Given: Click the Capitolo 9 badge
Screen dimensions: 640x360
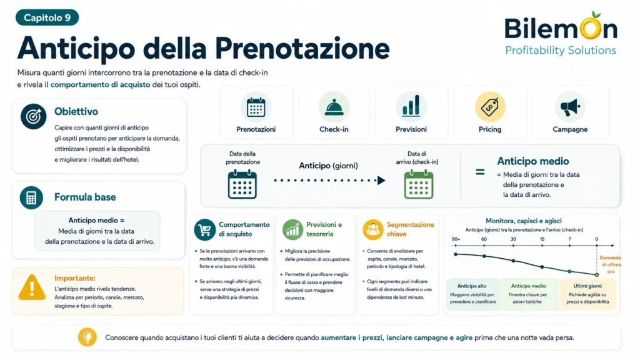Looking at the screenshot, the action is pos(47,17).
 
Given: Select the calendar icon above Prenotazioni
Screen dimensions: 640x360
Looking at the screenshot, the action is pos(256,107).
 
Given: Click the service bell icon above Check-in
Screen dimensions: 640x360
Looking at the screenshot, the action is pos(334,107).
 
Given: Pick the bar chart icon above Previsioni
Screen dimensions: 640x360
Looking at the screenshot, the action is pos(411,106).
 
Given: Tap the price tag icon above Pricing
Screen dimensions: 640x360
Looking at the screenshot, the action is pos(490,107).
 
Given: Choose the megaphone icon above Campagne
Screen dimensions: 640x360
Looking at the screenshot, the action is pos(570,107).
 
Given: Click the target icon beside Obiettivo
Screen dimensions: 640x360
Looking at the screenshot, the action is pos(34,116).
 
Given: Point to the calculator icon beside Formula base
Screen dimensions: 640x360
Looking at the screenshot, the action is pos(31,197).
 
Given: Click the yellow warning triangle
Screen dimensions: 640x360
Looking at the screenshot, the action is pos(32,287).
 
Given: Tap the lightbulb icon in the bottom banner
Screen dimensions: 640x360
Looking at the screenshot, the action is pos(87,337).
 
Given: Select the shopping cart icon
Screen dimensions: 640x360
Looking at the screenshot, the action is pos(205,230).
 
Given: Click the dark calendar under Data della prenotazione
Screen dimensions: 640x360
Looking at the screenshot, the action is pos(242,184).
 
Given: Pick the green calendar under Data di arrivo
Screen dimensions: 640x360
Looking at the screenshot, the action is pos(418,184).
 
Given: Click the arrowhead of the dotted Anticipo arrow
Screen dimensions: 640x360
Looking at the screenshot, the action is pos(381,180).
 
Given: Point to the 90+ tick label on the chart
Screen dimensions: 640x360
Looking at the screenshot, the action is pos(456,239).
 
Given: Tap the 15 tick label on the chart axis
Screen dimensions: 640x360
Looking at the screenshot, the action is pos(542,239).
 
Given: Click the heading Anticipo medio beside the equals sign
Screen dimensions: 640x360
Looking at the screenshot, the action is pos(532,161).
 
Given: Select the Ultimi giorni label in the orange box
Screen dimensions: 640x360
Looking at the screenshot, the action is pos(587,286).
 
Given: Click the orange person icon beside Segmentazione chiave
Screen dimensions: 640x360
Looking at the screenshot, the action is pos(372,230).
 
